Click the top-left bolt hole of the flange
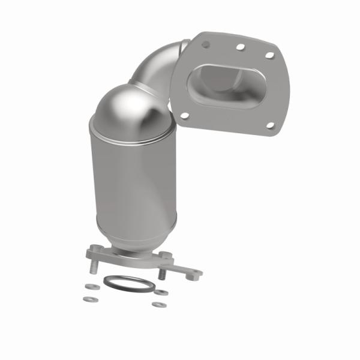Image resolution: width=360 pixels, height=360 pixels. tap(206, 44)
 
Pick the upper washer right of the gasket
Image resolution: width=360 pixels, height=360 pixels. tap(163, 293)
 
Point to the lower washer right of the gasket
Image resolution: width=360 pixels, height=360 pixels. tap(158, 305)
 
